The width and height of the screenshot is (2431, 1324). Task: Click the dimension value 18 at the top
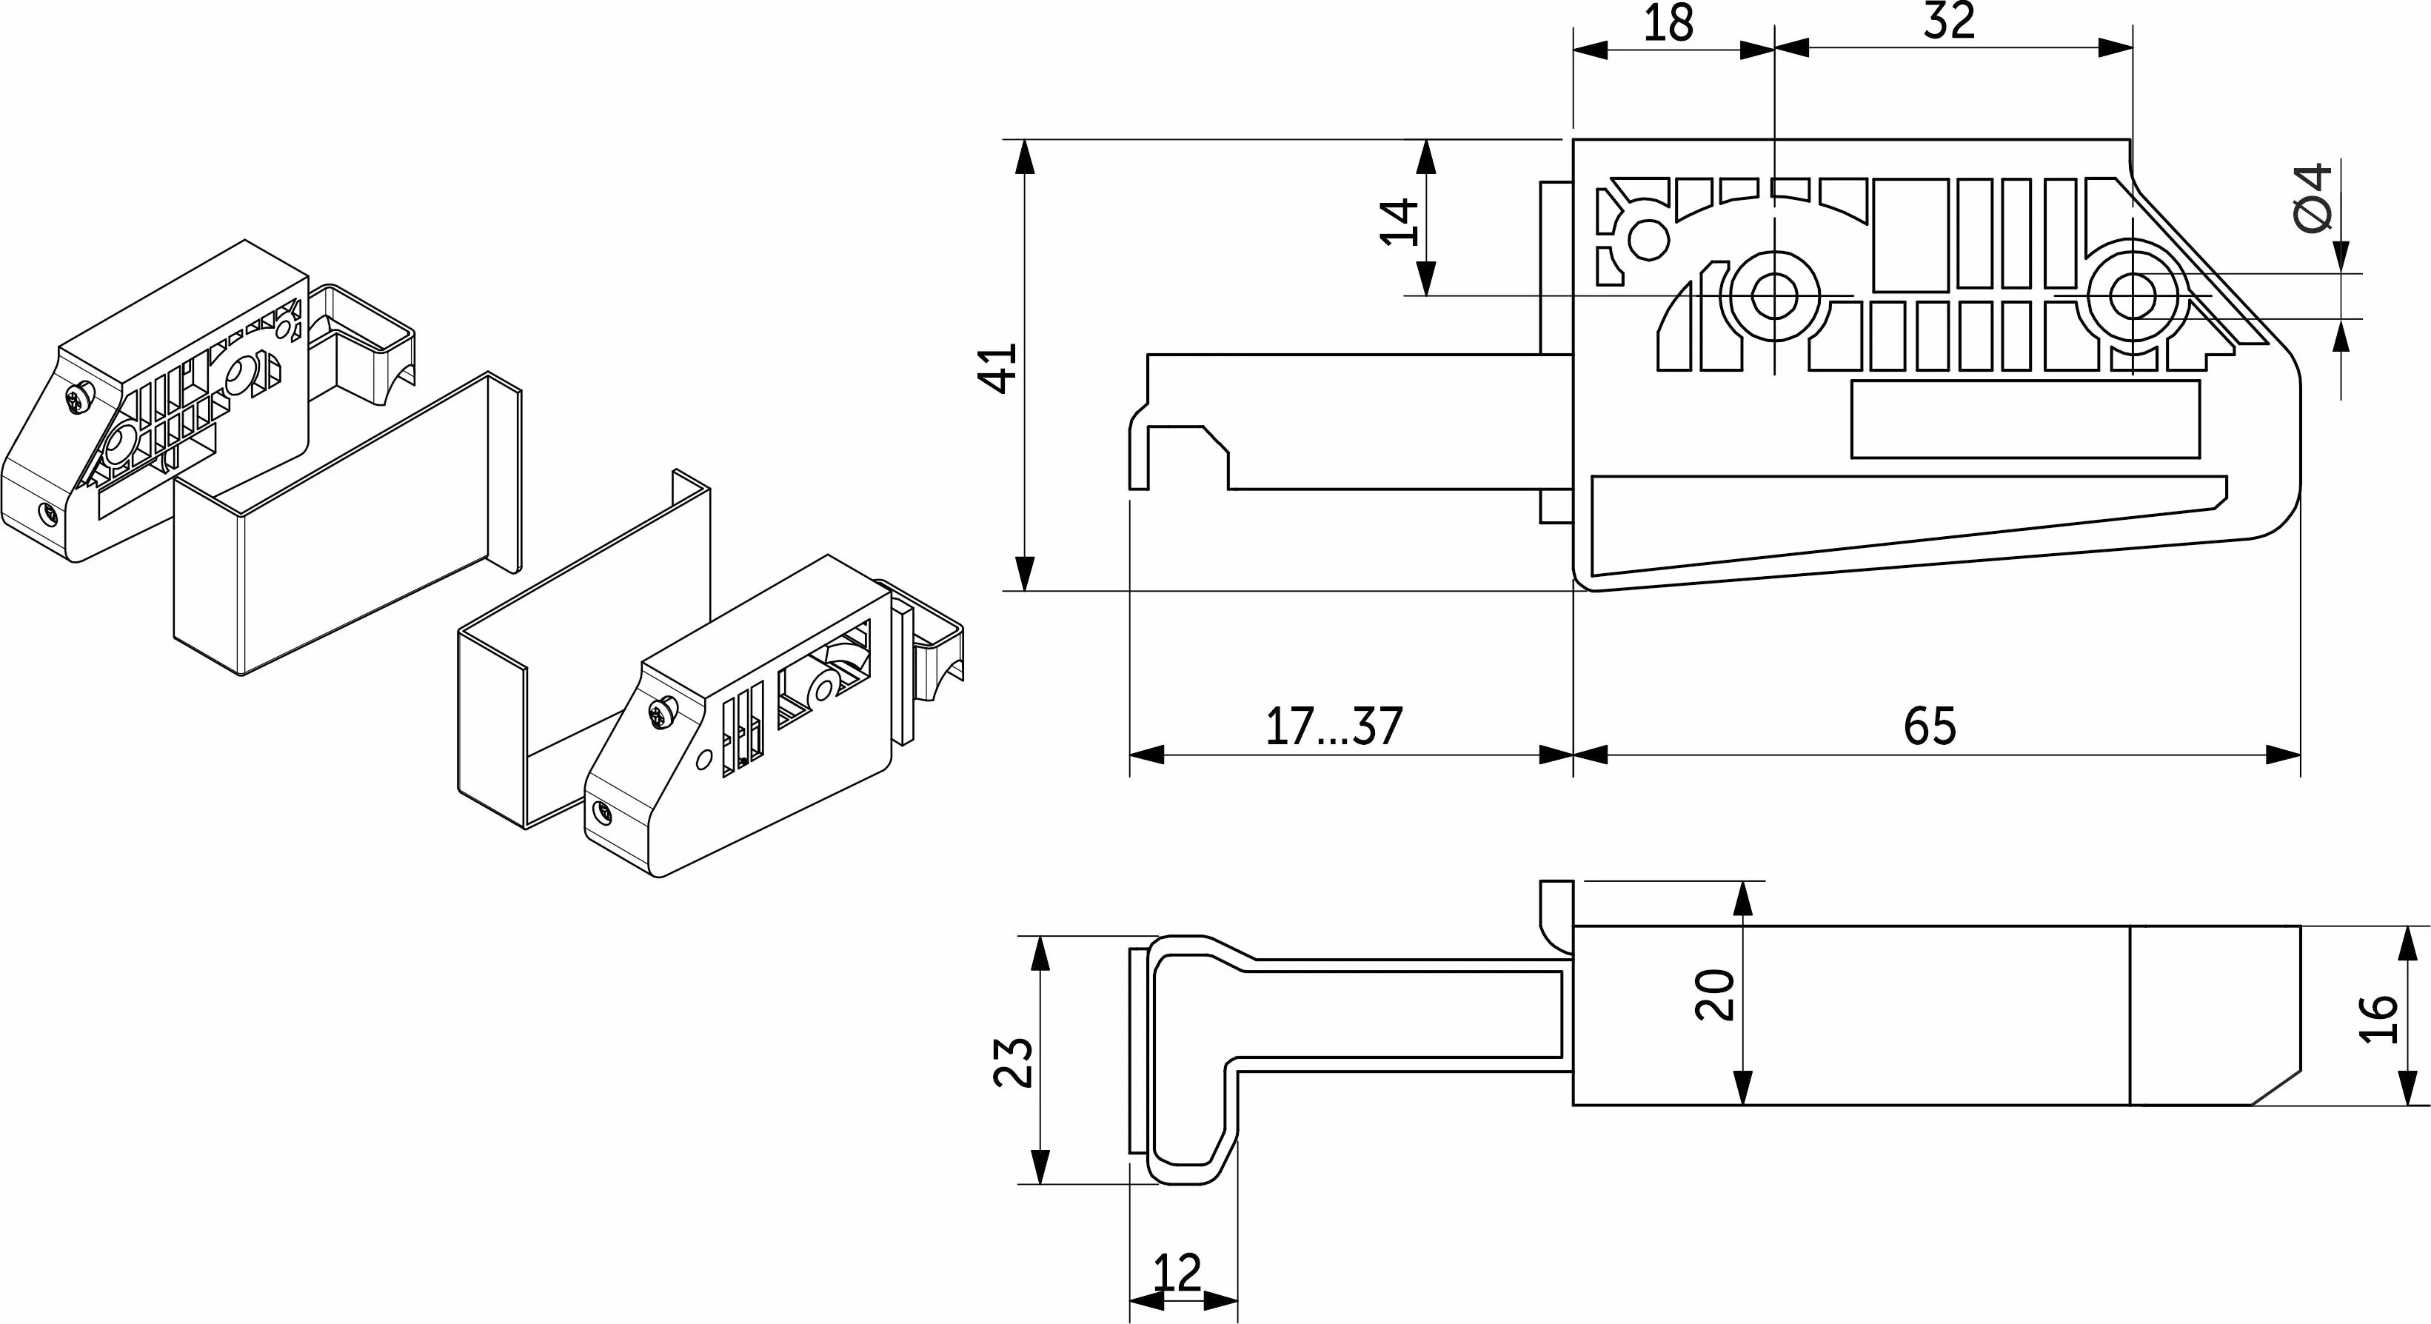pyautogui.click(x=1668, y=24)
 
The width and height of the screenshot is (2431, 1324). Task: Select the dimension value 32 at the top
pyautogui.click(x=1950, y=21)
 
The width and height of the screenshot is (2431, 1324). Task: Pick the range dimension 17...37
pyautogui.click(x=1334, y=726)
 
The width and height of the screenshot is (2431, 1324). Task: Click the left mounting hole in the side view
pyautogui.click(x=1774, y=297)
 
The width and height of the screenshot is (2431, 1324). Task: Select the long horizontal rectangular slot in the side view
pyautogui.click(x=2025, y=419)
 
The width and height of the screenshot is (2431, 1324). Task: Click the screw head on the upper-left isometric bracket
pyautogui.click(x=80, y=398)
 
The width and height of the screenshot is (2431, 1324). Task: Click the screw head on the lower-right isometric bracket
pyautogui.click(x=663, y=711)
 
